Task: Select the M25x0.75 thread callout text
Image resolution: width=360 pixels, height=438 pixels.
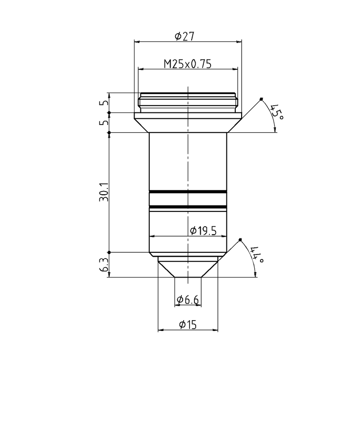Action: [187, 64]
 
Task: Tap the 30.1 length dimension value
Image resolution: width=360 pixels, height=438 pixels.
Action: [104, 192]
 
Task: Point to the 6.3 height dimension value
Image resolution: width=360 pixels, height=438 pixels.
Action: [104, 265]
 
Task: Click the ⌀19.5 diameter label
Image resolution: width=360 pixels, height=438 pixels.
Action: [203, 231]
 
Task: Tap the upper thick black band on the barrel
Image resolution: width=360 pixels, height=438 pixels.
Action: [188, 192]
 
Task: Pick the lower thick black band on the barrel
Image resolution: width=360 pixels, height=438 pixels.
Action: [188, 207]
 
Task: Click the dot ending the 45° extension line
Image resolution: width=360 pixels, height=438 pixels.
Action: [261, 99]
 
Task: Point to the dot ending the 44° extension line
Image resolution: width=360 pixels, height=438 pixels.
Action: [241, 239]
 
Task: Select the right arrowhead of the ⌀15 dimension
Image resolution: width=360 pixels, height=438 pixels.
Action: [216, 331]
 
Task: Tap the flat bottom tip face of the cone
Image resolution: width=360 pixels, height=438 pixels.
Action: [188, 277]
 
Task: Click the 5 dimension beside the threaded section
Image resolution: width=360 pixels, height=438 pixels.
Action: [105, 103]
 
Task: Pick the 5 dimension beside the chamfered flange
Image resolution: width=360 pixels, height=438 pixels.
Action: [105, 122]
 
